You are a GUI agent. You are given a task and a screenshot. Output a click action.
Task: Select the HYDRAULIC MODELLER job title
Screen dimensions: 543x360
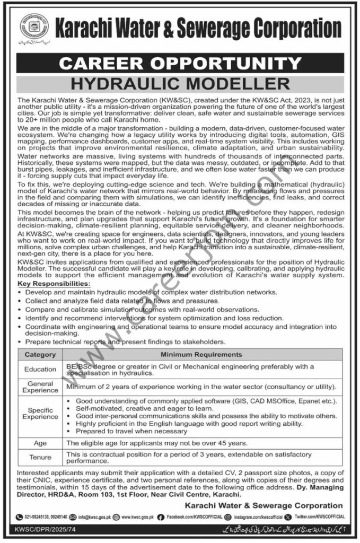pos(180,83)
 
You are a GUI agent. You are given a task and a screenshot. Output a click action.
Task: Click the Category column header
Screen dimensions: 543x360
pos(40,354)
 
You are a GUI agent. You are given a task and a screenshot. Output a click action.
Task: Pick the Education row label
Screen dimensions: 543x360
pos(40,369)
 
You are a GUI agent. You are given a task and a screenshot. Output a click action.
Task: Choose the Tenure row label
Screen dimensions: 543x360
pos(40,457)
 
